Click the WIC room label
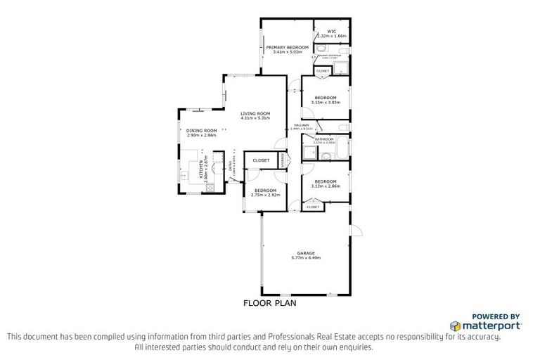point(331,31)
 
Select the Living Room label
point(255,113)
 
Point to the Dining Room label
point(201,130)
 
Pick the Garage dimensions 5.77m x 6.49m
point(305,257)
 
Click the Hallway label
point(301,125)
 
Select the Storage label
point(281,160)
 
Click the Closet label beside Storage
point(261,160)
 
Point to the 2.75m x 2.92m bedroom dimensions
point(266,195)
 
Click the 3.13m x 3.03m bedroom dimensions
point(326,102)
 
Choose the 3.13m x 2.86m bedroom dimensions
point(326,186)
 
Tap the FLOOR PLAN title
point(270,304)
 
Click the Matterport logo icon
point(455,326)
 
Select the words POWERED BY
point(495,316)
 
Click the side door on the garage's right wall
point(356,230)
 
